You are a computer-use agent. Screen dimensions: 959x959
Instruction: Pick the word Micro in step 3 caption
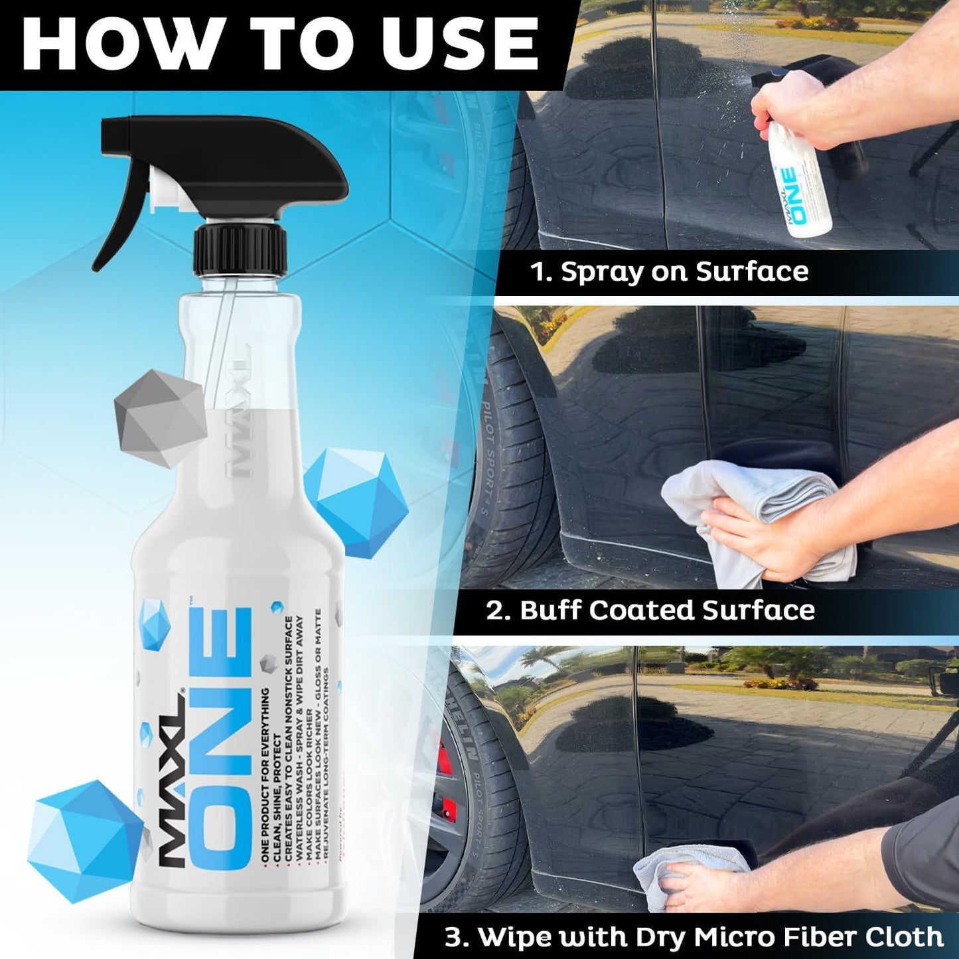[734, 936]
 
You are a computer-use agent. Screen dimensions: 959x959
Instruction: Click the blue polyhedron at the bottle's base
[83, 840]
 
